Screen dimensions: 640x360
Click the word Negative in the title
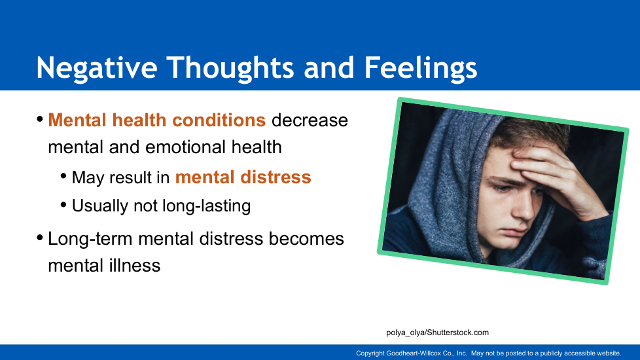[x=97, y=67]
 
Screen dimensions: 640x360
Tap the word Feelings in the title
[x=420, y=67]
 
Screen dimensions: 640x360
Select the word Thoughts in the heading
[x=230, y=67]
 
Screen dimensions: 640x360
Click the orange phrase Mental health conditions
[x=157, y=120]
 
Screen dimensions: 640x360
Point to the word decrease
[x=310, y=120]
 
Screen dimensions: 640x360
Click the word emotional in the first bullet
[x=185, y=147]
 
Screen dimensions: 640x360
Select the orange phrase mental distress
[x=243, y=177]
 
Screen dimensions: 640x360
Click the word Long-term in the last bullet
[x=90, y=239]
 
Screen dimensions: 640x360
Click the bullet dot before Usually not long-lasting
[x=63, y=204]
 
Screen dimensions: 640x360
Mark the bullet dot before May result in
[x=63, y=176]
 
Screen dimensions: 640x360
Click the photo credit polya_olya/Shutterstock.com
[x=438, y=333]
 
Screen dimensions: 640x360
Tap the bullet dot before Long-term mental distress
[x=40, y=237]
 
